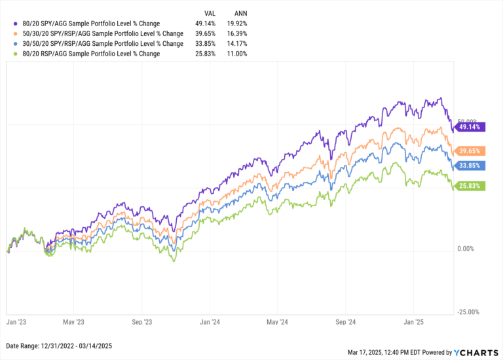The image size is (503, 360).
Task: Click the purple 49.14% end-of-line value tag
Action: point(470,127)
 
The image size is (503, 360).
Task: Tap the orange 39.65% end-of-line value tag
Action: point(470,151)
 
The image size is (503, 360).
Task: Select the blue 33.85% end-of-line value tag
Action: point(470,166)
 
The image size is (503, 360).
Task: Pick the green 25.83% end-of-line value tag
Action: point(470,186)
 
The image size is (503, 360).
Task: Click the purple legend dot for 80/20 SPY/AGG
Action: point(16,24)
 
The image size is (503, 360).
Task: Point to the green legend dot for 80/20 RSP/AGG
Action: point(16,54)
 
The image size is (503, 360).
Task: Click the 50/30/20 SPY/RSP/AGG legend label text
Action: point(103,33)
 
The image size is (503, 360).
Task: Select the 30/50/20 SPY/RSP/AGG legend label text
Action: point(103,44)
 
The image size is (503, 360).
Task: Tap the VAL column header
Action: point(210,14)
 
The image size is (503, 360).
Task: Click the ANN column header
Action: point(240,14)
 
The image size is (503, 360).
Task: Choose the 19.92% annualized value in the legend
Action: point(237,24)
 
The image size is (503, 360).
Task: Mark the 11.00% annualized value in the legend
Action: point(237,54)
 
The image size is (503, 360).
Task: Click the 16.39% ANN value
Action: point(237,33)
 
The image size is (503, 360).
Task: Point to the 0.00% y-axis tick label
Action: point(466,249)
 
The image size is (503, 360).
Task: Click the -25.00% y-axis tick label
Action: point(468,312)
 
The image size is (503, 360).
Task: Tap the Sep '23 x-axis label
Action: point(141,322)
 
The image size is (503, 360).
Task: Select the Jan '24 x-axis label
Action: point(210,322)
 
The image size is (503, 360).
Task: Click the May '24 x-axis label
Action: point(277,322)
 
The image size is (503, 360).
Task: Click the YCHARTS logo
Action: point(476,353)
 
